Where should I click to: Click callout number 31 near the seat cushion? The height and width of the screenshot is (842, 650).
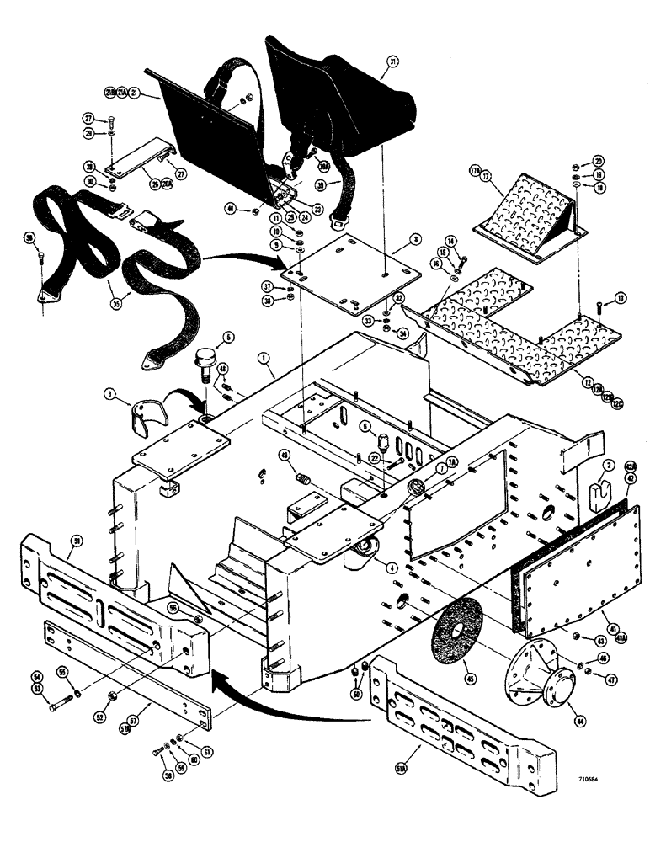coord(392,61)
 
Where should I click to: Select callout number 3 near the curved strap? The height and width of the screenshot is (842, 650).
coord(110,393)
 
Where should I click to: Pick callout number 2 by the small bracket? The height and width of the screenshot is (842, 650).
coord(608,465)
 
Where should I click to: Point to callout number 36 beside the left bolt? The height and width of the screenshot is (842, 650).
coord(32,238)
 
